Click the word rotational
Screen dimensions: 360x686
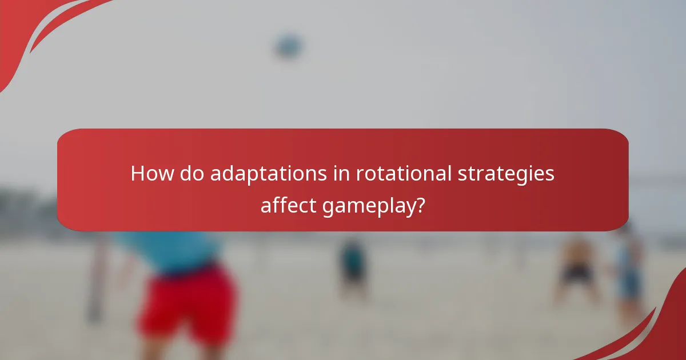click(x=404, y=173)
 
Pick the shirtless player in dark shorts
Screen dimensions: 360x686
click(x=576, y=269)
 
